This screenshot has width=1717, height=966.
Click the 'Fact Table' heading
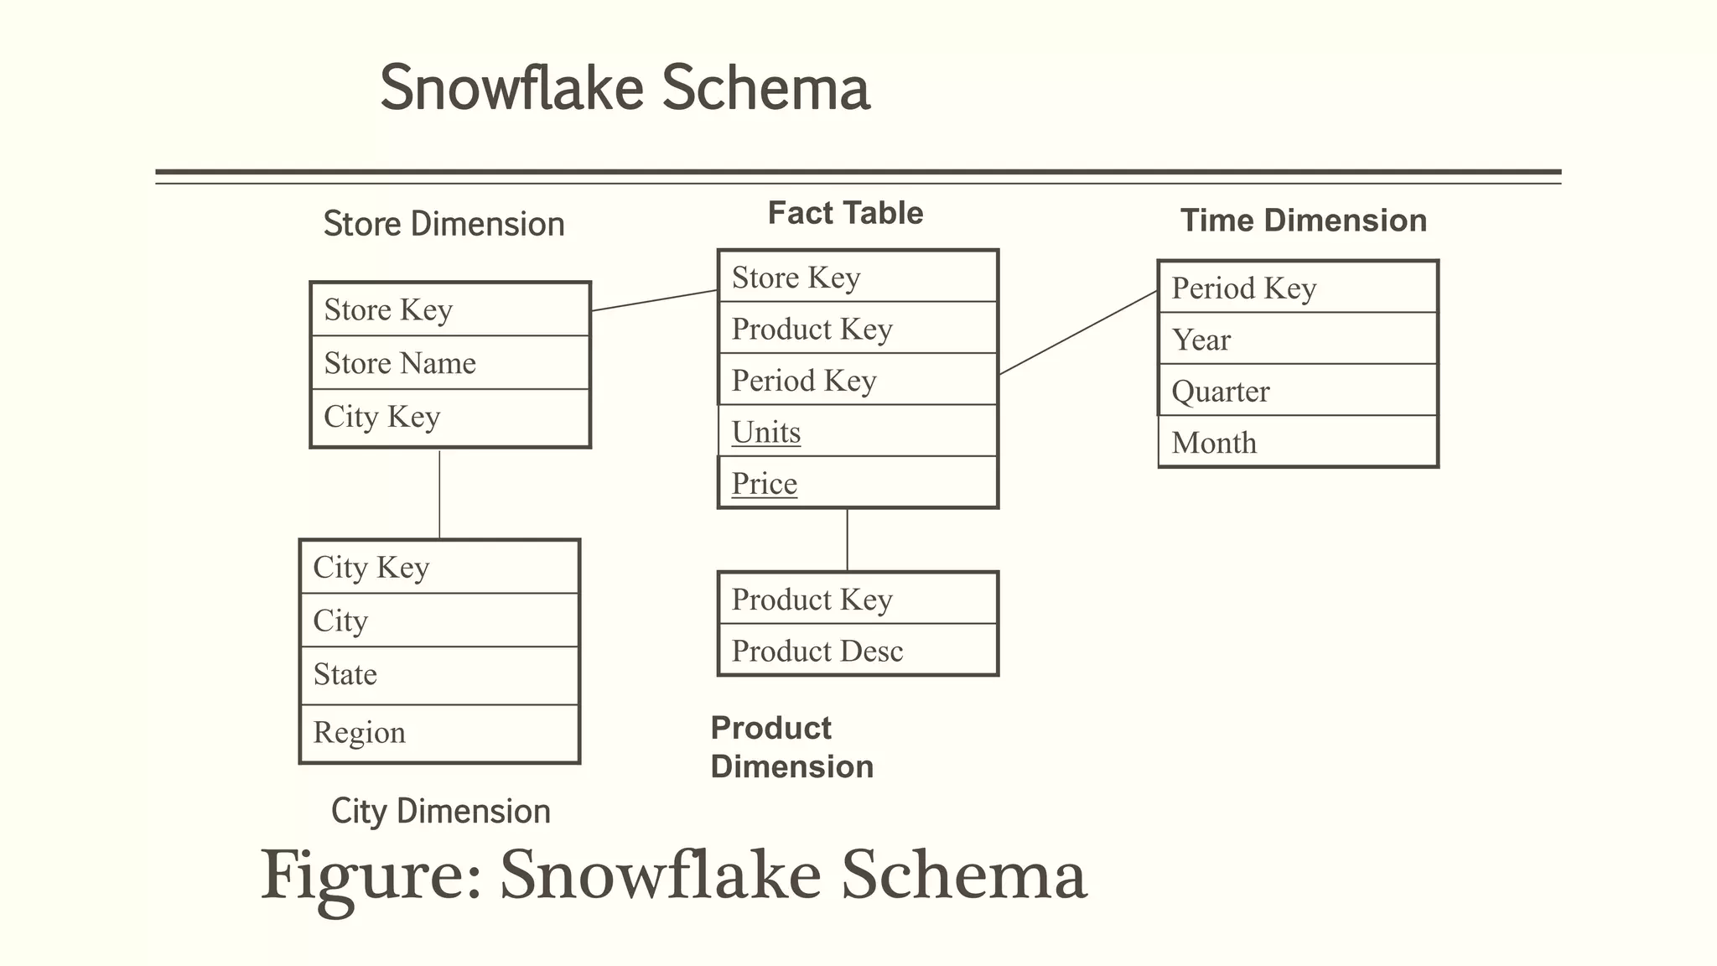845,213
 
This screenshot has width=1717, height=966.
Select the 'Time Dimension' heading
1303,221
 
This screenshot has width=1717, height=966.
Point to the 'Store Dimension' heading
444,224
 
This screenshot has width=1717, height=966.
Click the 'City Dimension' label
440,811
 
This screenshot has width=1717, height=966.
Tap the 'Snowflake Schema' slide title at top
625,87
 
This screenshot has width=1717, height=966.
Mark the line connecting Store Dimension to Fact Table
654,300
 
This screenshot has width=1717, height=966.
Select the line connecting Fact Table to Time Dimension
1078,332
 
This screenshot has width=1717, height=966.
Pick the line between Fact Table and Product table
847,539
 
